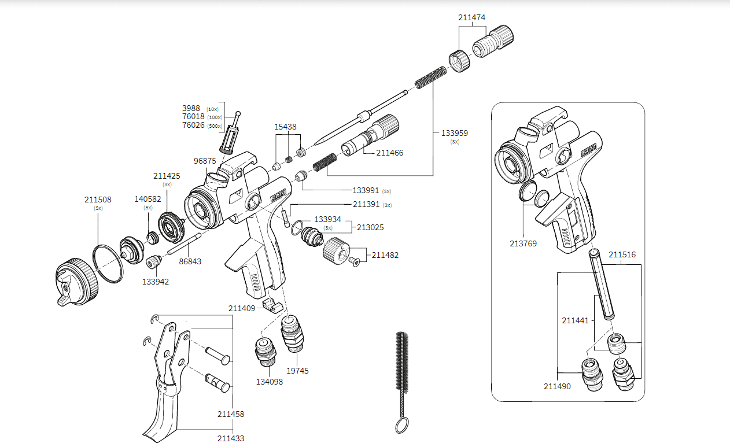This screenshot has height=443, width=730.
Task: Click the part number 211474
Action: [x=471, y=17]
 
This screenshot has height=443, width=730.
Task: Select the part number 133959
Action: [x=454, y=133]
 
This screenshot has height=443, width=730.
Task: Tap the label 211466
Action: [x=389, y=153]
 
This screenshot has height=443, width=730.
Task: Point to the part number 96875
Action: [x=205, y=161]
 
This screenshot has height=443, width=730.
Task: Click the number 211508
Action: [x=98, y=200]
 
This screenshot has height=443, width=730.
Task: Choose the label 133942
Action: [x=156, y=282]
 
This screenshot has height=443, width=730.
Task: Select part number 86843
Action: [x=190, y=261]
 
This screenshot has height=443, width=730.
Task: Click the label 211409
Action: [x=241, y=308]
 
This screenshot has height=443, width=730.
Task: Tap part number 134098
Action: [x=270, y=382]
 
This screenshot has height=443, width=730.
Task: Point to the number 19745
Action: [x=298, y=371]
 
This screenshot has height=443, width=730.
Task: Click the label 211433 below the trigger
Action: [x=231, y=438]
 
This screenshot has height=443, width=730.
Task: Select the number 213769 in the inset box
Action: [x=523, y=243]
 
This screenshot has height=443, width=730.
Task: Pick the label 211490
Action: [x=557, y=386]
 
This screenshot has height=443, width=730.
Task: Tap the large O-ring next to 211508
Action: [x=108, y=263]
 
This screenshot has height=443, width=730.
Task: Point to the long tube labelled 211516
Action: [x=601, y=283]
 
